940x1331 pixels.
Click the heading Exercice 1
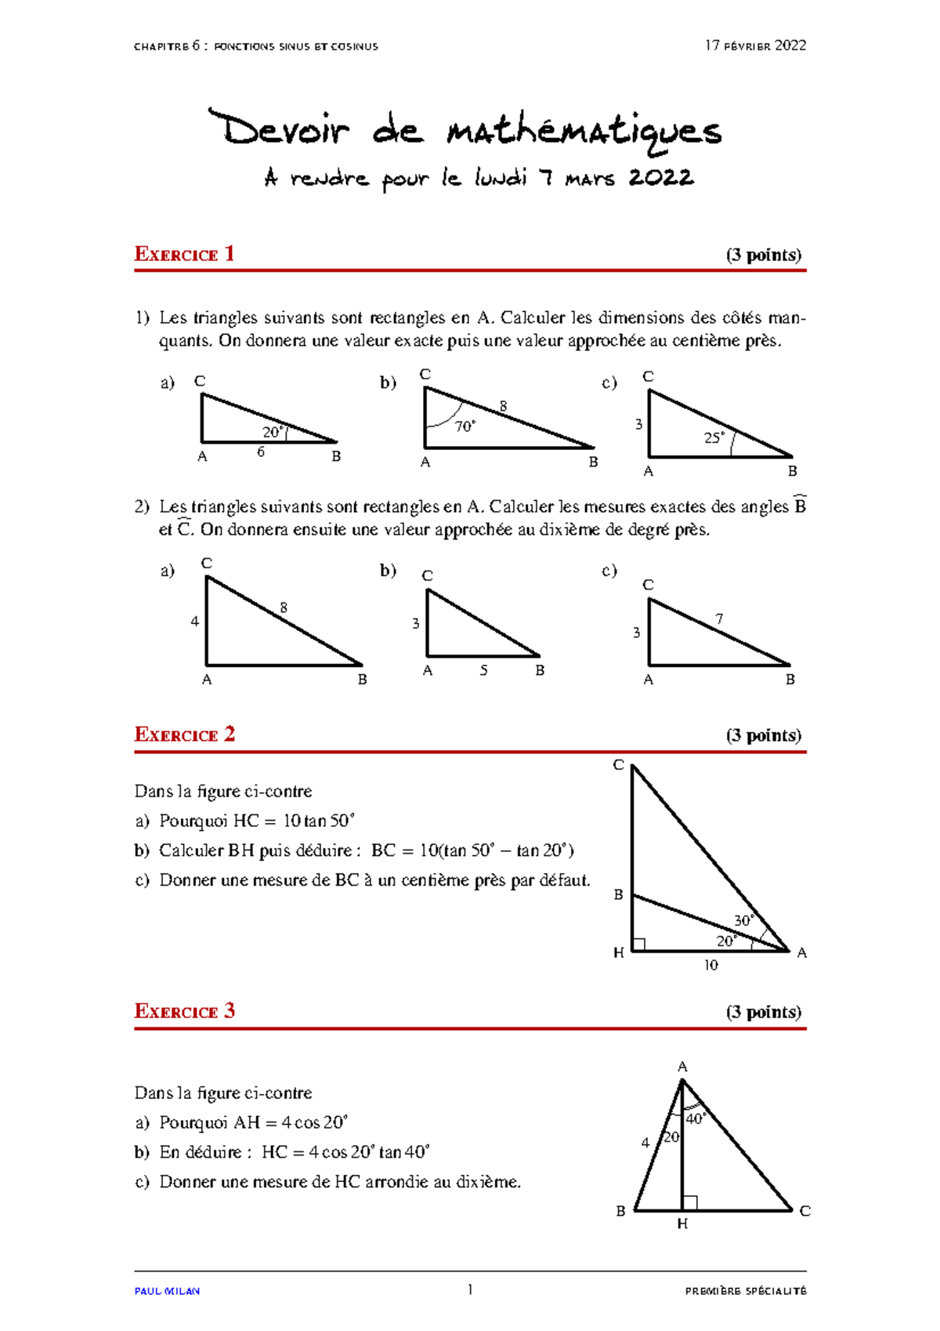[184, 254]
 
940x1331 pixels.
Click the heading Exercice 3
[184, 1011]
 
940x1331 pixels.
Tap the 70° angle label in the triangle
[465, 426]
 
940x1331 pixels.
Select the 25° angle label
[714, 438]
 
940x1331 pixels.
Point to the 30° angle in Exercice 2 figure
[743, 920]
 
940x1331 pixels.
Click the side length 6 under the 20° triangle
[261, 452]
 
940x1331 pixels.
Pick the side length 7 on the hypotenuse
[719, 619]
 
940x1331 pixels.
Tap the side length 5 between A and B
[483, 670]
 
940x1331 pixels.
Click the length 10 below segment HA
[710, 965]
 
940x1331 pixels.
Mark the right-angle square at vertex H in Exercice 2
[638, 945]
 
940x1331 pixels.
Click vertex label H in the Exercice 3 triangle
[682, 1224]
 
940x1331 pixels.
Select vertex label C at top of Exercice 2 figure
[618, 765]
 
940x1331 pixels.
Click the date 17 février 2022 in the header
[755, 45]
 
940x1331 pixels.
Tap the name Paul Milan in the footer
[167, 1291]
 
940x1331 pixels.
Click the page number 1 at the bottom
[470, 1289]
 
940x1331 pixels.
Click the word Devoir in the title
[279, 129]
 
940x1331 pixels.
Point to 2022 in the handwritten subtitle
[661, 178]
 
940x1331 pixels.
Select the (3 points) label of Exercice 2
[763, 735]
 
